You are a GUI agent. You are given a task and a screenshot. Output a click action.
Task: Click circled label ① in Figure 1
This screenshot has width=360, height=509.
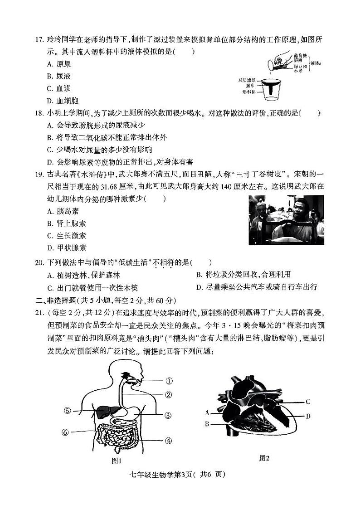169,381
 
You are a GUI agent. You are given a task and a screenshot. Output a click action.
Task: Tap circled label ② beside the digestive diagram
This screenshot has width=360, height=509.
169,395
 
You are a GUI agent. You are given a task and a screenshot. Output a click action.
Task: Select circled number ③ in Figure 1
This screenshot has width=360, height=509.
168,415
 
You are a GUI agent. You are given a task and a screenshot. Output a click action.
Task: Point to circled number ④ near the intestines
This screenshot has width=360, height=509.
168,440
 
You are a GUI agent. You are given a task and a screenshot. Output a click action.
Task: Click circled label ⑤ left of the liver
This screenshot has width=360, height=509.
68,411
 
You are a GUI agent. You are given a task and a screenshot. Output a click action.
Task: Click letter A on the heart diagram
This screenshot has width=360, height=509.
207,413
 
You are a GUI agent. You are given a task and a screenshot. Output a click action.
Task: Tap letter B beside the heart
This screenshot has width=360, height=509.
207,424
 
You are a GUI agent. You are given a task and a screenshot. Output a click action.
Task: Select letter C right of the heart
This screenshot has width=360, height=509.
307,401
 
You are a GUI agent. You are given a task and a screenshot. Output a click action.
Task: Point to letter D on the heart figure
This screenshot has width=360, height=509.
308,416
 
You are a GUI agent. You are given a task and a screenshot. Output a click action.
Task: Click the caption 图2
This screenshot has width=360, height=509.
264,458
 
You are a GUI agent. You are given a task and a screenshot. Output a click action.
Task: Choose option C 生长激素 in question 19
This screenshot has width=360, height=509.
67,236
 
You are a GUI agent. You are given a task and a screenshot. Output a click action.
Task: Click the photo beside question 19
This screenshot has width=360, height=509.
286,220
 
